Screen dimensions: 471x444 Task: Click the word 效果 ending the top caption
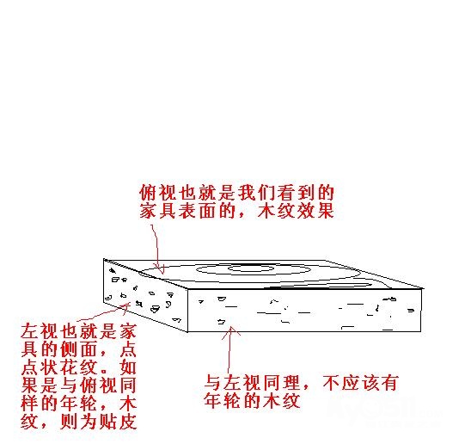315,211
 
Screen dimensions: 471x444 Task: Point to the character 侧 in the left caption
70,349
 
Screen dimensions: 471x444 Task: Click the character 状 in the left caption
50,367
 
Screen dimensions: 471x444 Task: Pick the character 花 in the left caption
70,367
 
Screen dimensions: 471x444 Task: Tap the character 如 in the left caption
129,367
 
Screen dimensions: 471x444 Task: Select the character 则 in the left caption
70,422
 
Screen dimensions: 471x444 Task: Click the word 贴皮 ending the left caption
119,422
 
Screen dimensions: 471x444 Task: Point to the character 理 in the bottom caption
291,382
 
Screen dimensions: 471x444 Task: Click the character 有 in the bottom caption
389,382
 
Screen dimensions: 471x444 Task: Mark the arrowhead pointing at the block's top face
161,270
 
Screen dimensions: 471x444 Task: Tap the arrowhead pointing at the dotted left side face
125,307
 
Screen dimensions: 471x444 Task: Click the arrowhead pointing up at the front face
230,332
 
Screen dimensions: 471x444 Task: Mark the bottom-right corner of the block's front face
421,332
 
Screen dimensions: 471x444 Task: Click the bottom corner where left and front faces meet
187,332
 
